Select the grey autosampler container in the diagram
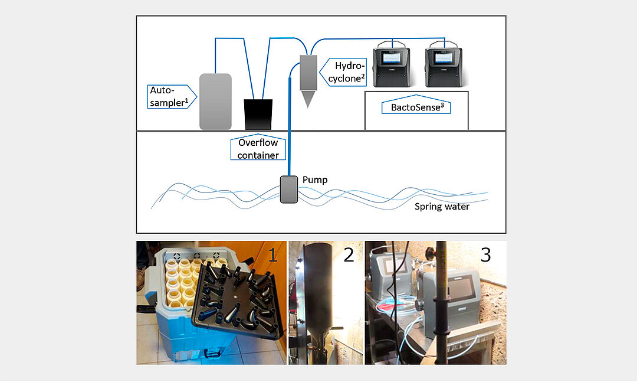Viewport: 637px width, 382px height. [x=215, y=102]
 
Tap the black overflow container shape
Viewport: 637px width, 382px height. [x=258, y=114]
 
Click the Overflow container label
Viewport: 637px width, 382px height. [x=258, y=148]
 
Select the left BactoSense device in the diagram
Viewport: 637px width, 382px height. [x=394, y=64]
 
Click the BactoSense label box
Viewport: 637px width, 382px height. [x=417, y=106]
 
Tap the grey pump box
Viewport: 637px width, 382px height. [x=288, y=190]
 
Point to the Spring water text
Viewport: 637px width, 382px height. [x=442, y=207]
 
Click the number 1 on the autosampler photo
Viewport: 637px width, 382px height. [x=272, y=255]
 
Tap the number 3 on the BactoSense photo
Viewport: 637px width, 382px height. [x=485, y=255]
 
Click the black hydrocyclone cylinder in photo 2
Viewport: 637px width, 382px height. [x=317, y=295]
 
